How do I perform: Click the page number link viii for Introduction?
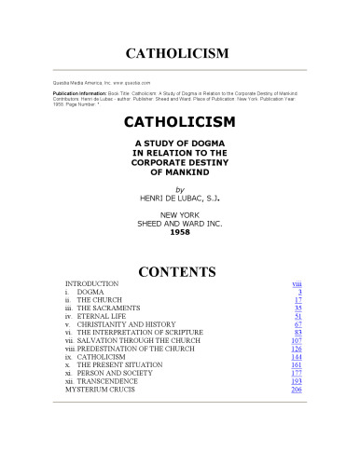(x=296, y=281)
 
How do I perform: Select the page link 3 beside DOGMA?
(x=298, y=292)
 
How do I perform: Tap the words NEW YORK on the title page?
(x=180, y=215)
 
